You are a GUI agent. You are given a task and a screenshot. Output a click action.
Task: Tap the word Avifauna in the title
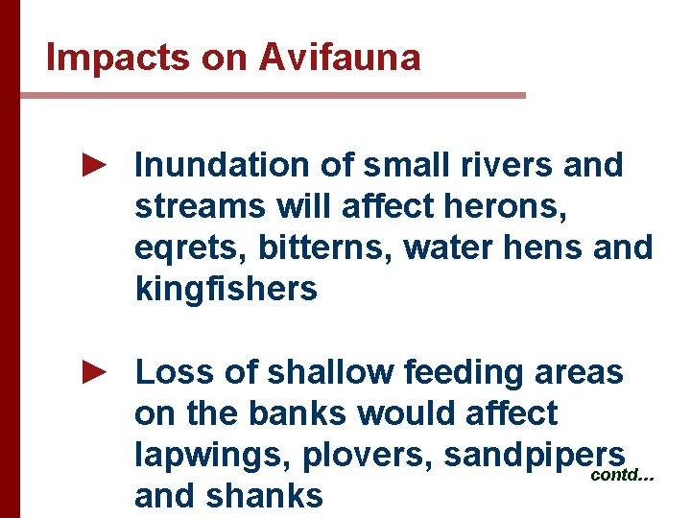340,59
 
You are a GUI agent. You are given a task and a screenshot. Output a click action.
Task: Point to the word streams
200,207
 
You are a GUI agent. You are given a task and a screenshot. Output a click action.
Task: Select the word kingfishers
226,289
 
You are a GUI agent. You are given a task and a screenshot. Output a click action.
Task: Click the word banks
298,413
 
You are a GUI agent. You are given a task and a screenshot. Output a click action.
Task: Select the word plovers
368,455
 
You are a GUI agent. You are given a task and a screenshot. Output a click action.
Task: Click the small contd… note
622,475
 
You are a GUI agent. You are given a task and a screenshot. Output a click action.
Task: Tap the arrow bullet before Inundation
92,166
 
